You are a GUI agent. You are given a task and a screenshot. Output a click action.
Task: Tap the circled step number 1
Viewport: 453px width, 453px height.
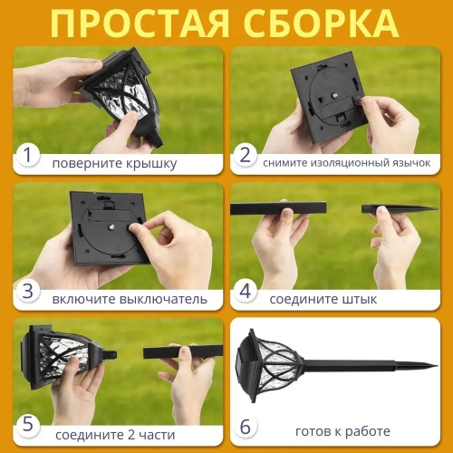29,157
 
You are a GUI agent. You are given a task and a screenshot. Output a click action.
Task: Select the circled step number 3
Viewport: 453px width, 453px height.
29,291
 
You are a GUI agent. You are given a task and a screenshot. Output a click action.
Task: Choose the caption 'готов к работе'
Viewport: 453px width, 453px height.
343,431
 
